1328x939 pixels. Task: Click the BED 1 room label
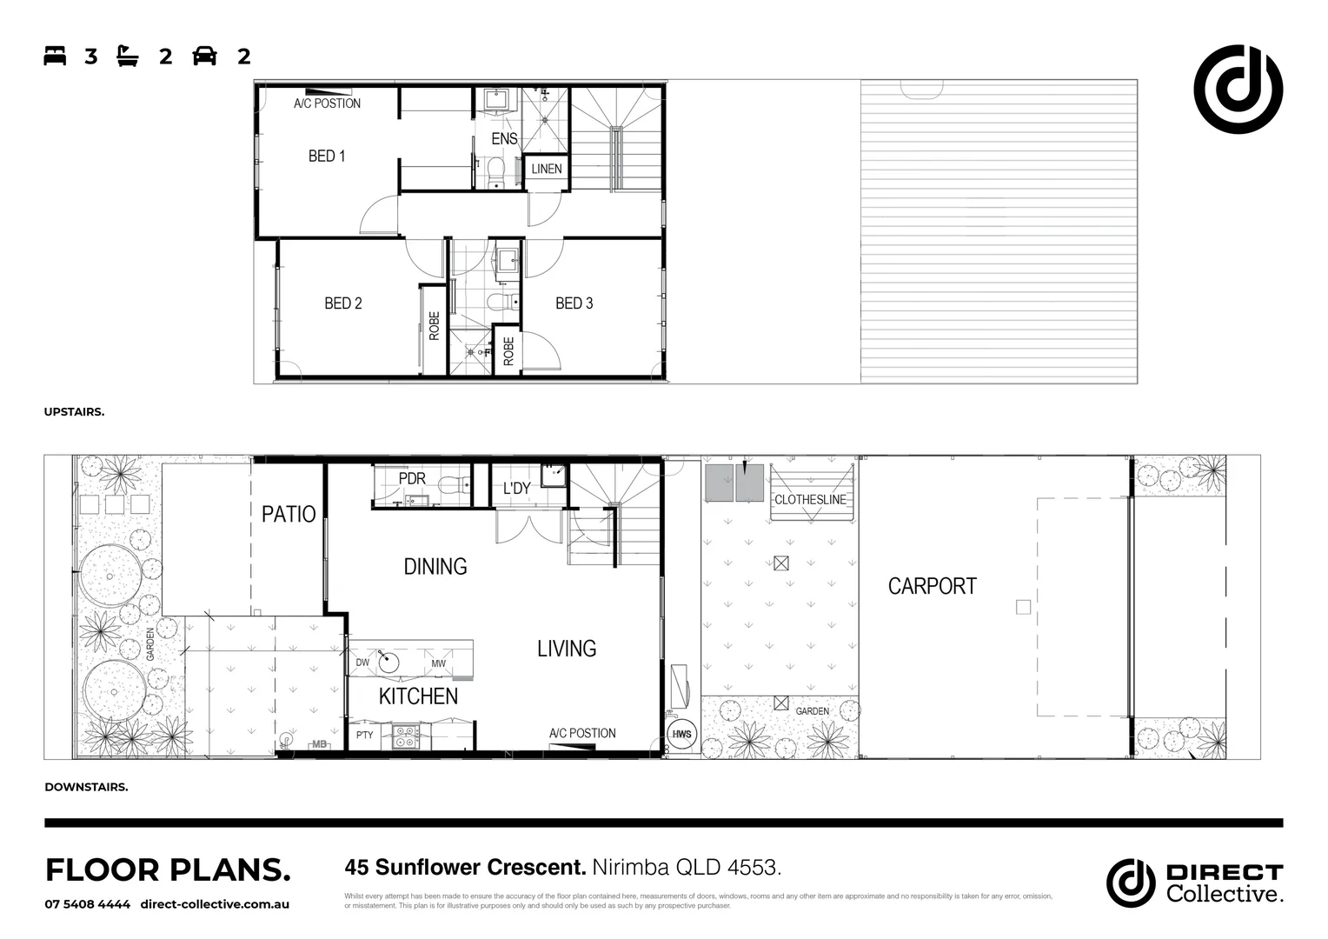pyautogui.click(x=327, y=156)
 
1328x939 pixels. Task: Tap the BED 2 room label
pyautogui.click(x=343, y=303)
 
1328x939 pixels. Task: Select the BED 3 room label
pyautogui.click(x=574, y=303)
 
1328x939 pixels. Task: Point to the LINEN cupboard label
pyautogui.click(x=547, y=169)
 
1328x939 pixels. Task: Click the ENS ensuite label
pyautogui.click(x=504, y=139)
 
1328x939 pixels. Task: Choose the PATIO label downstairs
pyautogui.click(x=289, y=514)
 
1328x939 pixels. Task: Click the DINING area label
pyautogui.click(x=435, y=567)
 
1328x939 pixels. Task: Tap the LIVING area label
pyautogui.click(x=567, y=649)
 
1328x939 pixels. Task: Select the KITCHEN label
pyautogui.click(x=418, y=696)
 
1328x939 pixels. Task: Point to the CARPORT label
pyautogui.click(x=932, y=587)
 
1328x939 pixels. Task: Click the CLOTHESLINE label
pyautogui.click(x=810, y=500)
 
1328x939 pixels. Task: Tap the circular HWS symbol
pyautogui.click(x=682, y=735)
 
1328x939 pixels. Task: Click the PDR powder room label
pyautogui.click(x=412, y=479)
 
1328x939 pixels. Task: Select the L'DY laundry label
pyautogui.click(x=516, y=489)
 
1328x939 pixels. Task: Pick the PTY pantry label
pyautogui.click(x=364, y=736)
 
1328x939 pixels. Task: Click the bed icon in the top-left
pyautogui.click(x=55, y=57)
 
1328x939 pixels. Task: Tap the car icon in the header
pyautogui.click(x=205, y=57)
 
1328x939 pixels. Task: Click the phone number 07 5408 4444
pyautogui.click(x=88, y=904)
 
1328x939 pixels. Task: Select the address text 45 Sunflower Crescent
pyautogui.click(x=465, y=868)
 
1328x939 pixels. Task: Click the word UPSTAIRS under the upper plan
pyautogui.click(x=74, y=412)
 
